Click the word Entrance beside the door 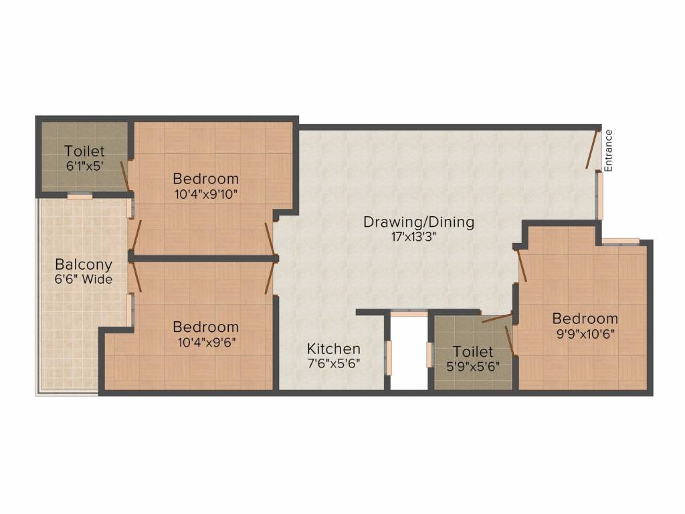point(608,151)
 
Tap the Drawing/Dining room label point(419,222)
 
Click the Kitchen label point(334,349)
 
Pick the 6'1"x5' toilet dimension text point(84,167)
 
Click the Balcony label point(84,264)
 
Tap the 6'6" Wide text point(84,279)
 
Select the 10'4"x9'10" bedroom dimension point(205,194)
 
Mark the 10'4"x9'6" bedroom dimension point(205,342)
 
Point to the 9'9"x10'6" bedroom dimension point(585,333)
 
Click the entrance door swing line point(591,149)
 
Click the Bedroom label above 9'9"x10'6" point(585,319)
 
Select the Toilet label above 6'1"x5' point(85,152)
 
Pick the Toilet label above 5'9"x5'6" point(473,351)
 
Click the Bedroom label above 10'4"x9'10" point(205,179)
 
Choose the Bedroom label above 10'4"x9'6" point(205,327)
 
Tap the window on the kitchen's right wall point(387,357)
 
